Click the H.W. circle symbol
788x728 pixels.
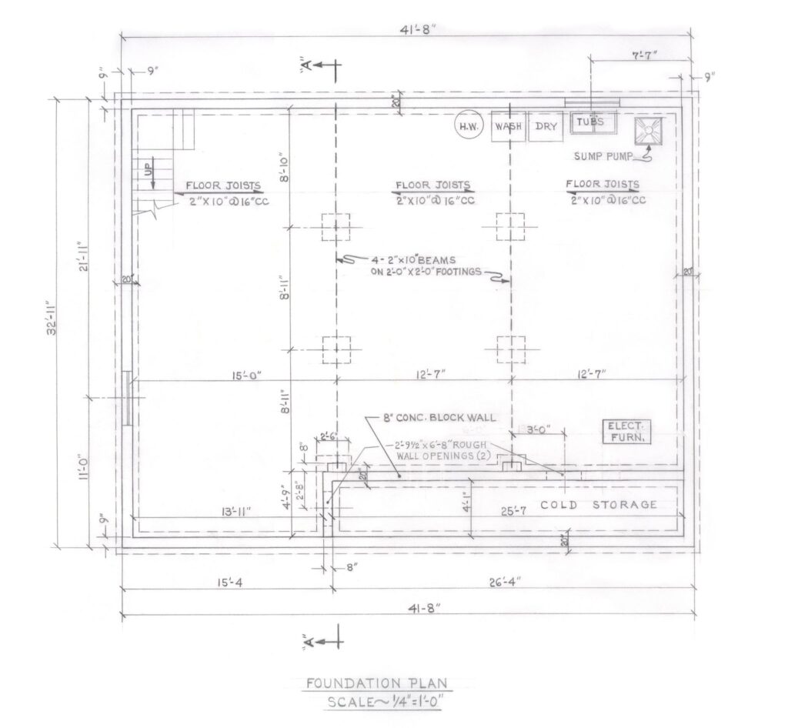click(x=466, y=127)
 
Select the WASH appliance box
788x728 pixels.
click(x=509, y=127)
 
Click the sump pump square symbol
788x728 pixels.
click(x=649, y=131)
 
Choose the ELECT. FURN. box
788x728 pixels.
click(x=626, y=432)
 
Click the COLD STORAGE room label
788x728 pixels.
click(x=598, y=505)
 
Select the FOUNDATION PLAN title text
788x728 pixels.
click(x=376, y=683)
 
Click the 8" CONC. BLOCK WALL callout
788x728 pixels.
click(x=439, y=419)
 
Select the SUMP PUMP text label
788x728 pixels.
click(x=603, y=156)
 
